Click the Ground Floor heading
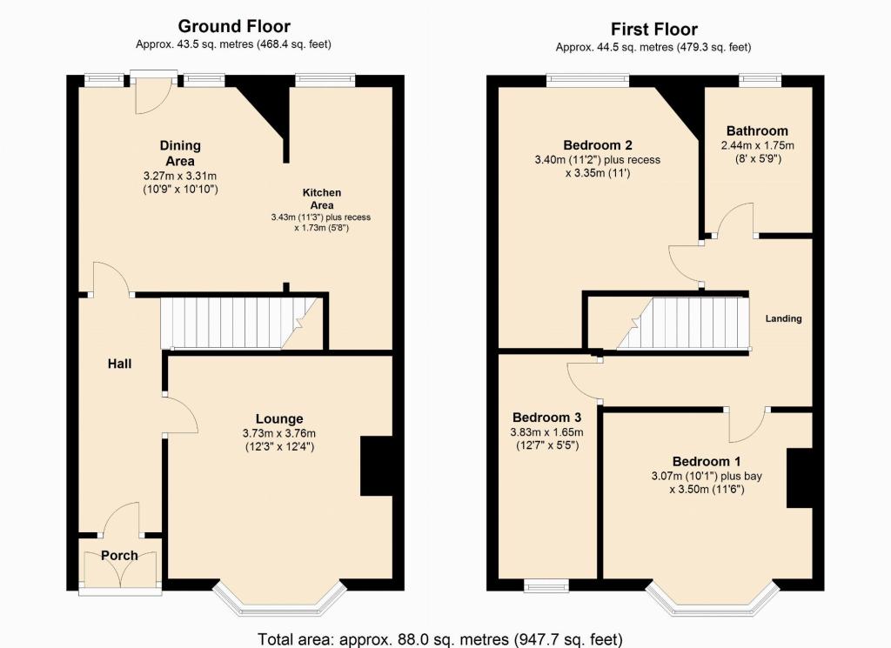234,26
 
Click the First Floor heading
654,29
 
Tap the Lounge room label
279,419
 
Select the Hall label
119,364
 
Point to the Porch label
119,556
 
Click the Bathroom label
757,130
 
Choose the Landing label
783,318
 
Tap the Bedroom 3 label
546,418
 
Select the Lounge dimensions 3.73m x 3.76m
279,433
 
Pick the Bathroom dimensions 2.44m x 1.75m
758,145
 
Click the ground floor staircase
238,324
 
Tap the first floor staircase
683,324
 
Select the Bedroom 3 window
546,585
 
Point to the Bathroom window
760,81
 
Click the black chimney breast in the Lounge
376,466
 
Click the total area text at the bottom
440,639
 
